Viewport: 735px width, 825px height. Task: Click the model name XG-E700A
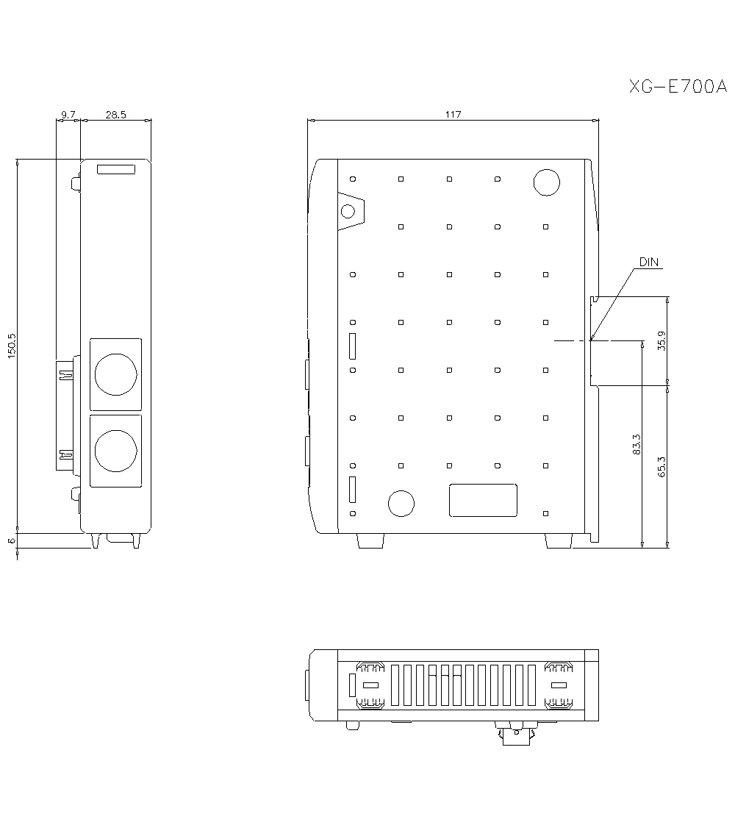point(677,87)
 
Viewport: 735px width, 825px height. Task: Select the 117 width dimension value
point(453,114)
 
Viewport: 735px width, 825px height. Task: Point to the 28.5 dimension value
point(115,114)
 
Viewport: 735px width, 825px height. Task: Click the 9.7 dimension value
point(68,114)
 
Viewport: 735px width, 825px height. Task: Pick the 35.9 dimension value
point(661,340)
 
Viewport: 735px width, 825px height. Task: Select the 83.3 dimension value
point(637,444)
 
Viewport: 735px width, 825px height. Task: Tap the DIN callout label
point(648,262)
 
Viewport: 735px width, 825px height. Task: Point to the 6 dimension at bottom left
point(11,540)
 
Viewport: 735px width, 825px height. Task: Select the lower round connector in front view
point(115,450)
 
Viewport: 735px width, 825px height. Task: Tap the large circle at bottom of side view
point(401,503)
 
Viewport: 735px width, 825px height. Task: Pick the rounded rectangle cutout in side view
point(483,500)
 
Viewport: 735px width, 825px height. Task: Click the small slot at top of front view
point(116,170)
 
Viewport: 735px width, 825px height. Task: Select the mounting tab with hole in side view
point(350,211)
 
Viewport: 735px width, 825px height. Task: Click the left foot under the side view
point(370,540)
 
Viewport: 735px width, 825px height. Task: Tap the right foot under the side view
point(558,540)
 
